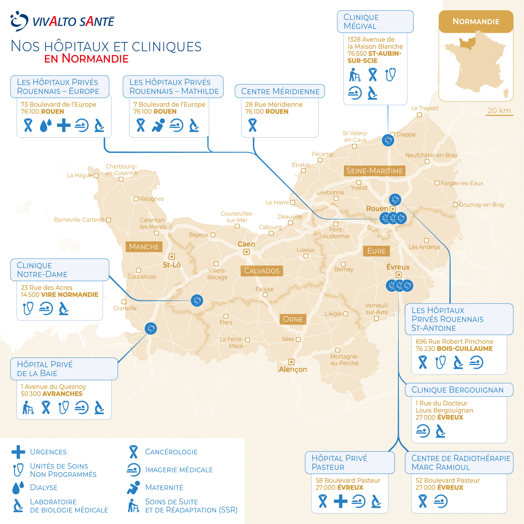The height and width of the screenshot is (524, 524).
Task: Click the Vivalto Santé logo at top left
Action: coord(62,21)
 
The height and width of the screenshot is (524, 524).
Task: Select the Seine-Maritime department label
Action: coord(374,171)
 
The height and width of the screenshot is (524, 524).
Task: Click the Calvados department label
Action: coord(262,271)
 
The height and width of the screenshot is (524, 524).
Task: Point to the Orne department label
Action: coord(293,319)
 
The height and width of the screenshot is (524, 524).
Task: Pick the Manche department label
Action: coord(144,247)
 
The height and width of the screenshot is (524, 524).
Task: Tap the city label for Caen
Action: coord(246,244)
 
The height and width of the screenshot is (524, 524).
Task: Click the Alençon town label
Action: coord(293,369)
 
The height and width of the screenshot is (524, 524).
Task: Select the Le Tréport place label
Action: coord(425,108)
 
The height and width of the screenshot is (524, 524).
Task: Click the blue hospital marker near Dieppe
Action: coord(388,140)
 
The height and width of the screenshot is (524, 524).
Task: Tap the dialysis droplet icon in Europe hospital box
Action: coord(46,126)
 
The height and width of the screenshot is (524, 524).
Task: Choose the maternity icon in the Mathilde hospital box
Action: coord(158,126)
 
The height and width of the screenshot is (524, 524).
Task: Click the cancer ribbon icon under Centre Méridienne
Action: coord(253,125)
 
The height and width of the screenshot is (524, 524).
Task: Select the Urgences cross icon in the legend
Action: coord(18,452)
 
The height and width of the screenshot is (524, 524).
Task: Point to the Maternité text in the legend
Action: coord(164,487)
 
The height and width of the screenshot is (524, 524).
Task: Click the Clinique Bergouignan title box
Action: coord(459,390)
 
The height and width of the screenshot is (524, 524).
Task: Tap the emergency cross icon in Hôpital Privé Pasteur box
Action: coord(341,501)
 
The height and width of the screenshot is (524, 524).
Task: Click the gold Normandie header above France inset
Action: coord(476,21)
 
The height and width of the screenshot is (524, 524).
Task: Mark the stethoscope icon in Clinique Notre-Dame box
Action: coord(28,308)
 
